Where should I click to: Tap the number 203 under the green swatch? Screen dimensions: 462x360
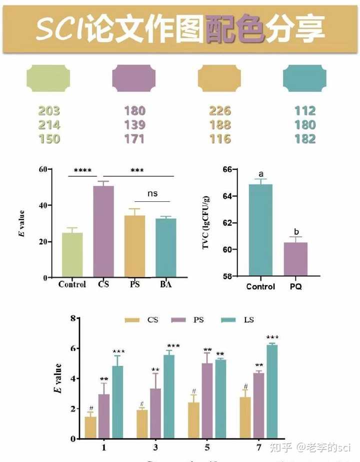48,111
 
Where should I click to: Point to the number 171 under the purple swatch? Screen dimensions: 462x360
134,138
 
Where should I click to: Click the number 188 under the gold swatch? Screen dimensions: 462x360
220,124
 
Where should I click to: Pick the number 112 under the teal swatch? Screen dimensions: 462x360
305,111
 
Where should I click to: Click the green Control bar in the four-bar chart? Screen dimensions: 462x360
72,255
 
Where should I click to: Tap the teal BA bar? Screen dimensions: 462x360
165,247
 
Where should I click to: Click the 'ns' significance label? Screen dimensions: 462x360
152,193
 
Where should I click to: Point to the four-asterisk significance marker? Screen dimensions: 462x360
82,171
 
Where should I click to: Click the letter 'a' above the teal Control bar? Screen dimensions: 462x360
260,174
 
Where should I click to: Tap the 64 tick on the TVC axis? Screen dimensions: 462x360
227,196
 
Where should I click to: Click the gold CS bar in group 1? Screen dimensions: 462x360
90,427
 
